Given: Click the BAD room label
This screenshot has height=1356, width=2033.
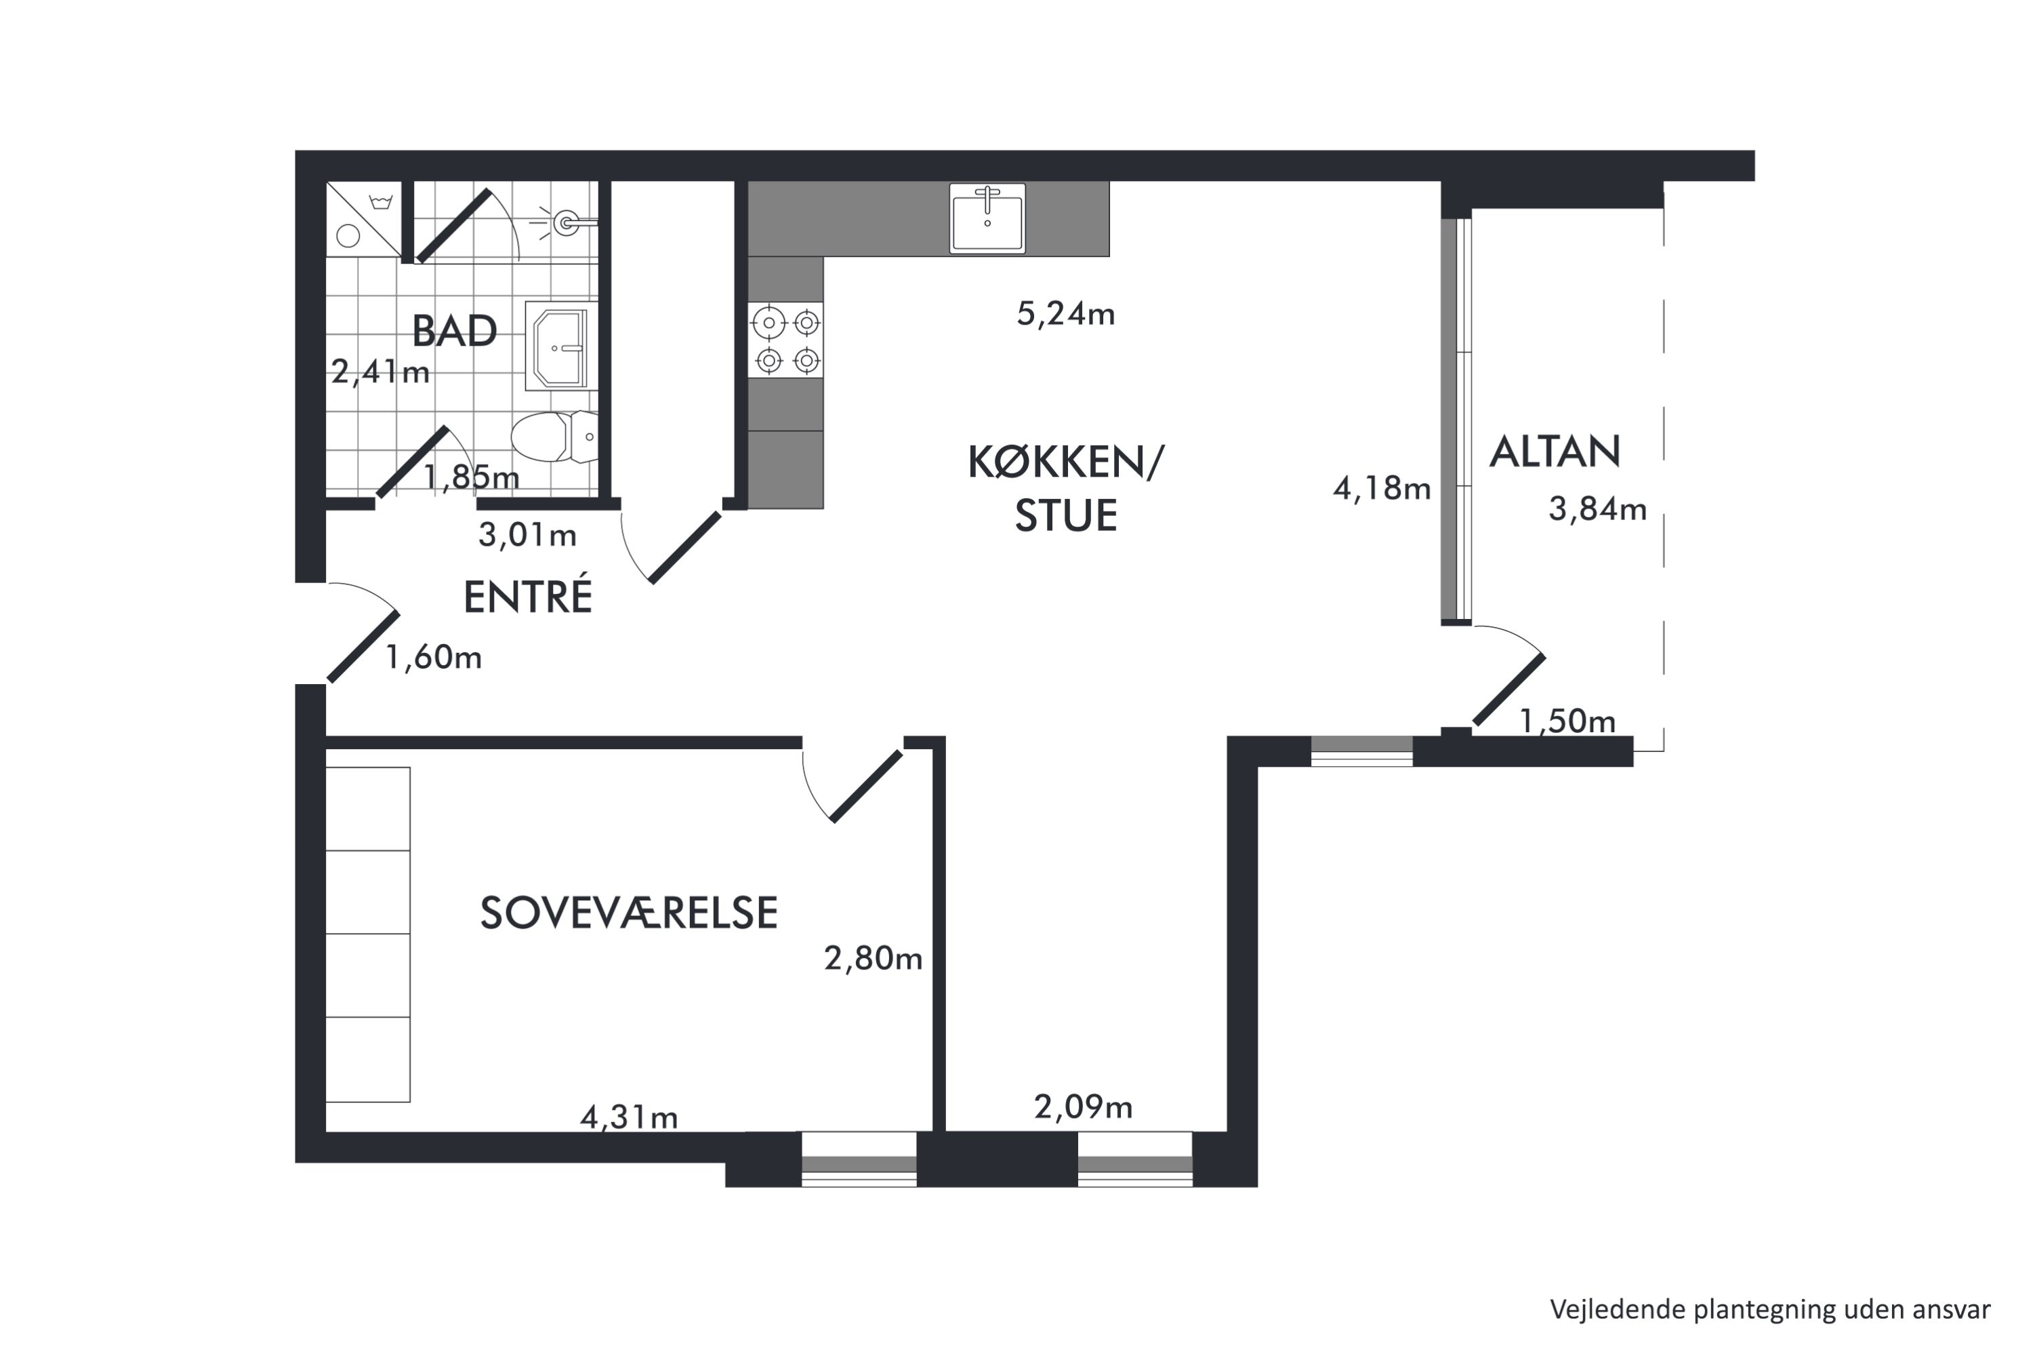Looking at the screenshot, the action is pyautogui.click(x=455, y=332).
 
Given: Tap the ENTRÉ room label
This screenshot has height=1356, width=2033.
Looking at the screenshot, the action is pyautogui.click(x=528, y=596).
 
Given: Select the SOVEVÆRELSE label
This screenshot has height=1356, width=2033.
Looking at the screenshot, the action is pyautogui.click(x=628, y=913).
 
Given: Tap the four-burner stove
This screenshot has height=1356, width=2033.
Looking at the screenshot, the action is pyautogui.click(x=785, y=340).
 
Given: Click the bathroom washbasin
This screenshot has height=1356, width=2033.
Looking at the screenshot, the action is pyautogui.click(x=561, y=346).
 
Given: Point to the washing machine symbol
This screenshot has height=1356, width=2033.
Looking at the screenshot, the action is pyautogui.click(x=363, y=220).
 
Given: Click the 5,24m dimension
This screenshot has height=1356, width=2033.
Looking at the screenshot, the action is pyautogui.click(x=1066, y=314).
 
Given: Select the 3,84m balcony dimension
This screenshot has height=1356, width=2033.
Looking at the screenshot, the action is pyautogui.click(x=1597, y=509).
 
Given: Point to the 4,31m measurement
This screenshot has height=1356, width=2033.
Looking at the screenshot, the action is pyautogui.click(x=628, y=1117).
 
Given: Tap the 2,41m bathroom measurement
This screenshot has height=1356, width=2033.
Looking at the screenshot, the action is pyautogui.click(x=380, y=372).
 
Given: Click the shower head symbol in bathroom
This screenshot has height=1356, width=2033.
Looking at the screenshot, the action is pyautogui.click(x=565, y=222).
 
